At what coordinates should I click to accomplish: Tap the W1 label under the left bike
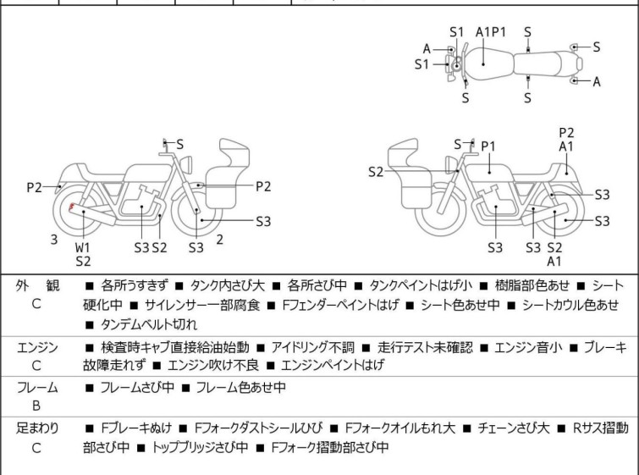pyautogui.click(x=82, y=247)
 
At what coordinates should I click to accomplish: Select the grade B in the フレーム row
pyautogui.click(x=36, y=406)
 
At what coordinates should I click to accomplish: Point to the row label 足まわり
pyautogui.click(x=37, y=428)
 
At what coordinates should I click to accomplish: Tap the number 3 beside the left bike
pyautogui.click(x=53, y=240)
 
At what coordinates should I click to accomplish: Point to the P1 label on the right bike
pyautogui.click(x=488, y=146)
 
